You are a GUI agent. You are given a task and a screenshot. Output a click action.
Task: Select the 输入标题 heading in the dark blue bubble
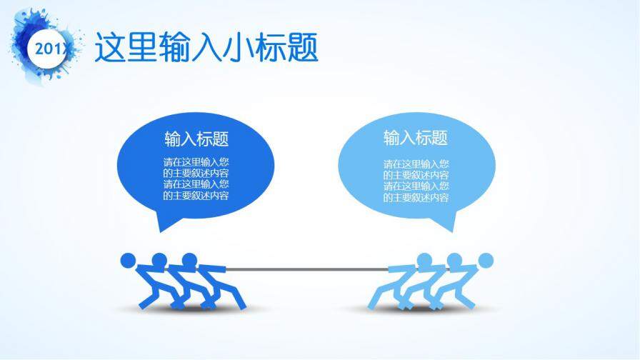(x=196, y=138)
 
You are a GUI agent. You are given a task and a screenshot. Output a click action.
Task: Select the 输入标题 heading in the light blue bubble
(x=416, y=138)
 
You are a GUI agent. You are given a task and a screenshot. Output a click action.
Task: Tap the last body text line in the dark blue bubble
(x=196, y=196)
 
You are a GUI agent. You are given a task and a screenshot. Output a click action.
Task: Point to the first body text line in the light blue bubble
(x=416, y=163)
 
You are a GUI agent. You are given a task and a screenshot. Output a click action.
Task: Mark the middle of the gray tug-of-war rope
(x=308, y=269)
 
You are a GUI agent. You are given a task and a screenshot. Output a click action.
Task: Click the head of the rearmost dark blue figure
(x=128, y=259)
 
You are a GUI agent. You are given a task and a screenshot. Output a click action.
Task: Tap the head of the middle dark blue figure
(x=159, y=259)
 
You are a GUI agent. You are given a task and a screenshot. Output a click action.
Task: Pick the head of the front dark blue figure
(x=189, y=259)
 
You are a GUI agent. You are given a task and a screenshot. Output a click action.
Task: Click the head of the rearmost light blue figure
(x=486, y=259)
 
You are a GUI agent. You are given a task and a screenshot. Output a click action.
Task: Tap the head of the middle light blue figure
(x=454, y=259)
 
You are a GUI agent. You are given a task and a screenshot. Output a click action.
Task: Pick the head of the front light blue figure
(x=424, y=259)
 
